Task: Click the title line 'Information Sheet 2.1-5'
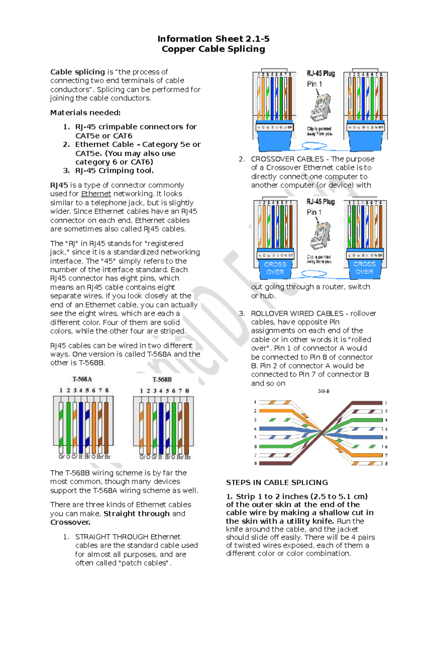[x=213, y=38]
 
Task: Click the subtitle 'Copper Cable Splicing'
[x=213, y=49]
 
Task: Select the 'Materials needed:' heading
[x=85, y=113]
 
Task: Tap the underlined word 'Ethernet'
[x=96, y=194]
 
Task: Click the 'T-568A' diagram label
[x=82, y=379]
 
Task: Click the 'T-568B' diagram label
[x=162, y=380]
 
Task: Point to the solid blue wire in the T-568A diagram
[x=81, y=428]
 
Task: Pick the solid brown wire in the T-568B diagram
[x=187, y=428]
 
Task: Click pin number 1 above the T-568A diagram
[x=61, y=390]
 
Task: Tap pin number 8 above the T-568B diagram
[x=187, y=391]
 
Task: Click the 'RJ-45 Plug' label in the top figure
[x=321, y=73]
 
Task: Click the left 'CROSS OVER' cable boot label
[x=275, y=268]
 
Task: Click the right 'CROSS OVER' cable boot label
[x=364, y=268]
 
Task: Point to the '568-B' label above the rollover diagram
[x=323, y=391]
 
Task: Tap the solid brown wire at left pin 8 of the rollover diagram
[x=274, y=463]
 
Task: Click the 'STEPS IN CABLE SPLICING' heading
[x=277, y=483]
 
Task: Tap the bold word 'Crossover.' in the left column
[x=70, y=522]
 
